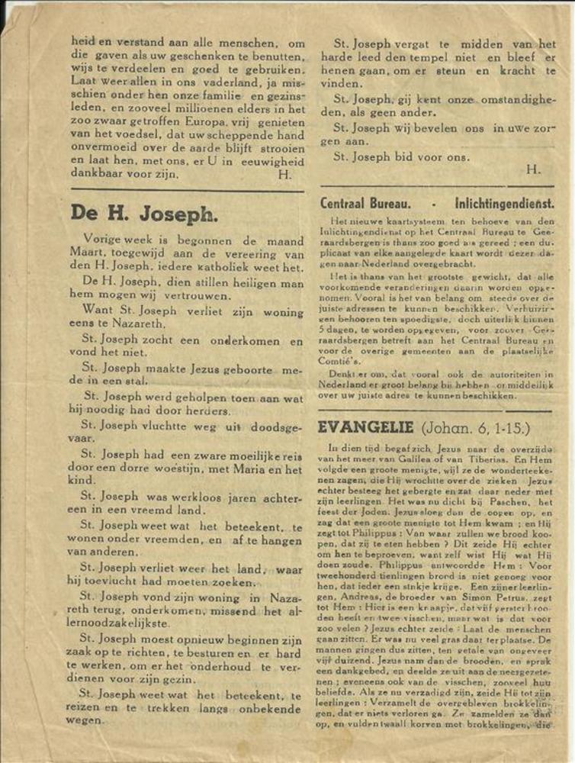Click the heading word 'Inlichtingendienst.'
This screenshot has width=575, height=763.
(504, 204)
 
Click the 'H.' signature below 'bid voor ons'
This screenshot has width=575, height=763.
(533, 169)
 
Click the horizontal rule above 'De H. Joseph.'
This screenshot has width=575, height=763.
(187, 191)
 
